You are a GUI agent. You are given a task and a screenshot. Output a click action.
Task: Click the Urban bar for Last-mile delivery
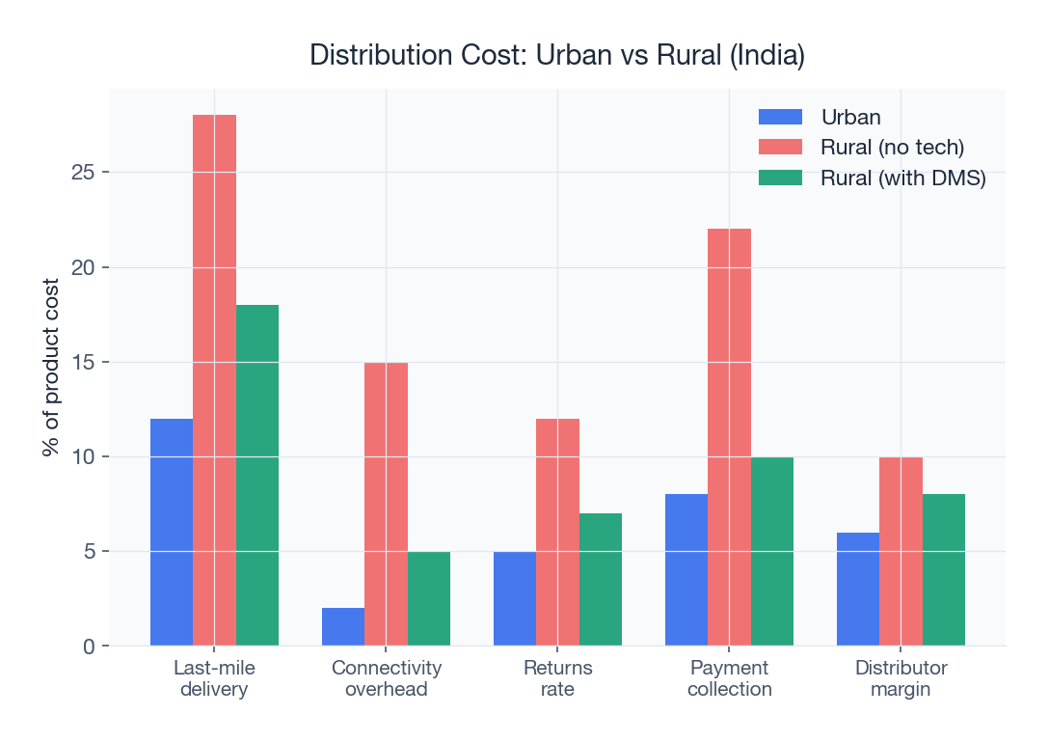click(172, 532)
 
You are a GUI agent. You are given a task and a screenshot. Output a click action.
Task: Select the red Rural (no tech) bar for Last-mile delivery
click(214, 380)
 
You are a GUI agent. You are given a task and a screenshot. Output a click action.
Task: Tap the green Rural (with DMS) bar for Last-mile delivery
click(257, 475)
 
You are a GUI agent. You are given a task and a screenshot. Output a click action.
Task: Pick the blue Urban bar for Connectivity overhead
click(343, 627)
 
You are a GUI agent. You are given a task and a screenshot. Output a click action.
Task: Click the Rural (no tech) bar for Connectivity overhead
click(386, 504)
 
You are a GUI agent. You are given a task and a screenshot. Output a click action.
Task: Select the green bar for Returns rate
click(601, 579)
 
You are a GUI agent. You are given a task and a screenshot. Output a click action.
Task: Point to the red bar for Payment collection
click(729, 437)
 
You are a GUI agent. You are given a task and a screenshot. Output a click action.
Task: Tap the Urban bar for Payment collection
click(686, 569)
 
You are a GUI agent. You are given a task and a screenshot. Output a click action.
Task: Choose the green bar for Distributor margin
click(944, 569)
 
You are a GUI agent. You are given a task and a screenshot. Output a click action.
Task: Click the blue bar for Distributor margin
click(858, 589)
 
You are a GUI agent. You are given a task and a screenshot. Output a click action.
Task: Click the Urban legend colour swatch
click(780, 117)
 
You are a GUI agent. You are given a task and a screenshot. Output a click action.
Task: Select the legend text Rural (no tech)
click(892, 148)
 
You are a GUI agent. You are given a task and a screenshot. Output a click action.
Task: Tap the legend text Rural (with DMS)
click(902, 179)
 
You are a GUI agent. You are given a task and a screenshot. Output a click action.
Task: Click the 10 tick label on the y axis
click(82, 456)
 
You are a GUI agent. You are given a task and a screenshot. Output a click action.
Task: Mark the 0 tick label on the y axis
click(89, 647)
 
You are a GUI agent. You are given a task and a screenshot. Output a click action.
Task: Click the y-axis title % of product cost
click(51, 368)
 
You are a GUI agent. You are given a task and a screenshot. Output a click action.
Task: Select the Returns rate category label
click(558, 678)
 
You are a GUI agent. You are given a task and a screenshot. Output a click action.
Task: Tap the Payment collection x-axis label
click(730, 678)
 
